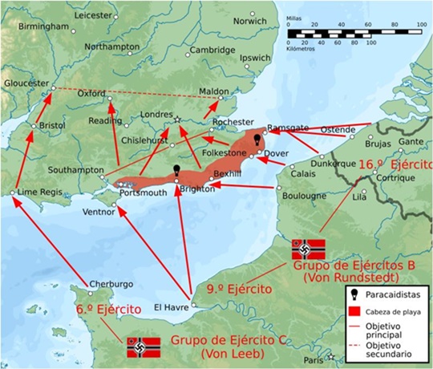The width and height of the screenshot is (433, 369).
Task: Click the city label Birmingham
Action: (29, 26)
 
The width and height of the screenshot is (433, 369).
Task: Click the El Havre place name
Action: (169, 306)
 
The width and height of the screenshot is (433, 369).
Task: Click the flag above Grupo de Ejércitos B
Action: (309, 247)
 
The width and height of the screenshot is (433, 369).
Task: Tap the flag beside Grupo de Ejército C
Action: (143, 347)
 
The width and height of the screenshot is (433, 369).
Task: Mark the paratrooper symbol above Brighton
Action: (178, 171)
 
